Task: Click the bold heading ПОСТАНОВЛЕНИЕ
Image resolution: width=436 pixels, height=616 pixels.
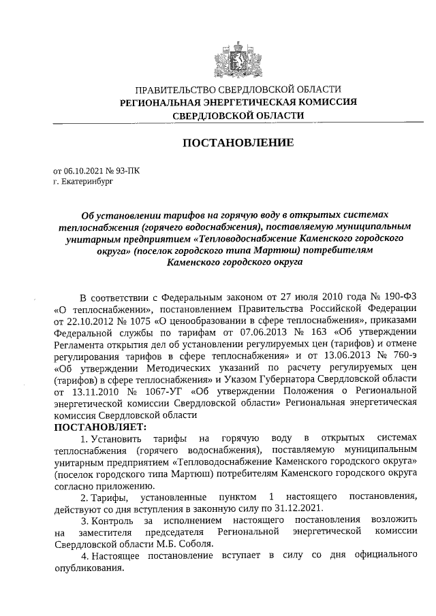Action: [237, 143]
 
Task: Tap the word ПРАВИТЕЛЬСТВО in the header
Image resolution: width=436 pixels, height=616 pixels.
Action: [176, 89]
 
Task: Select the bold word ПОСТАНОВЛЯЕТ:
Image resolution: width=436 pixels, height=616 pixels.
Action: [100, 427]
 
